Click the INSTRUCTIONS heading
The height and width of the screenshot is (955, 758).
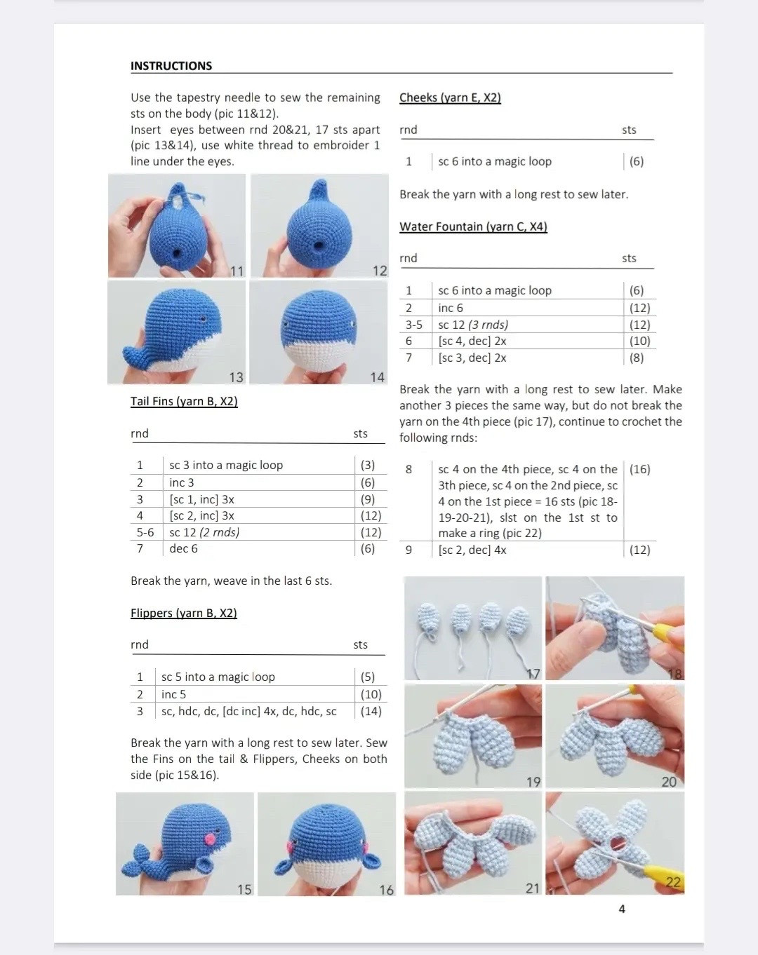point(171,66)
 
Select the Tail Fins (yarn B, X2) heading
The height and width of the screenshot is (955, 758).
point(184,401)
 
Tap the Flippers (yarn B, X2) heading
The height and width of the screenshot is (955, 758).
point(184,613)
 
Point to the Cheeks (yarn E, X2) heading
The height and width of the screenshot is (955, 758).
point(450,97)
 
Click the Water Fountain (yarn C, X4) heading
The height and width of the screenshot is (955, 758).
point(473,226)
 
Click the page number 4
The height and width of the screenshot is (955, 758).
point(622,909)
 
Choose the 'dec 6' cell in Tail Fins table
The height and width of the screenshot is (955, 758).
point(183,548)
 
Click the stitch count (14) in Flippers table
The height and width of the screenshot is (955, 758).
point(371,711)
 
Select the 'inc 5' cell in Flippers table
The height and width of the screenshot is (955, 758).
point(173,694)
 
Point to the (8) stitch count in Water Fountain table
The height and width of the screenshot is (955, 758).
point(637,358)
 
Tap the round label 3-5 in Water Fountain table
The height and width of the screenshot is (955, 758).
point(414,325)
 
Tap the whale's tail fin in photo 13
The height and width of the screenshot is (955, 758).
point(136,357)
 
